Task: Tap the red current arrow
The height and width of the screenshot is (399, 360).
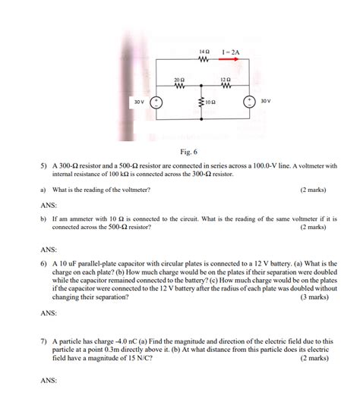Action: [x=230, y=61]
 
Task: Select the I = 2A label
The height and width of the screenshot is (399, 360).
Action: [x=231, y=52]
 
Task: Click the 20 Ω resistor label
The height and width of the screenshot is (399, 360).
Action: [x=179, y=79]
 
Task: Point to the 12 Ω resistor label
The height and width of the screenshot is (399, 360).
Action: [x=225, y=79]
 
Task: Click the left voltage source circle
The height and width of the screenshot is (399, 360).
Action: [x=156, y=102]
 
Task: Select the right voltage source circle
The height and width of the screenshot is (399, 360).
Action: [x=248, y=102]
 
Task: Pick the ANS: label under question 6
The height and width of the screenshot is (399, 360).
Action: [x=48, y=312]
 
